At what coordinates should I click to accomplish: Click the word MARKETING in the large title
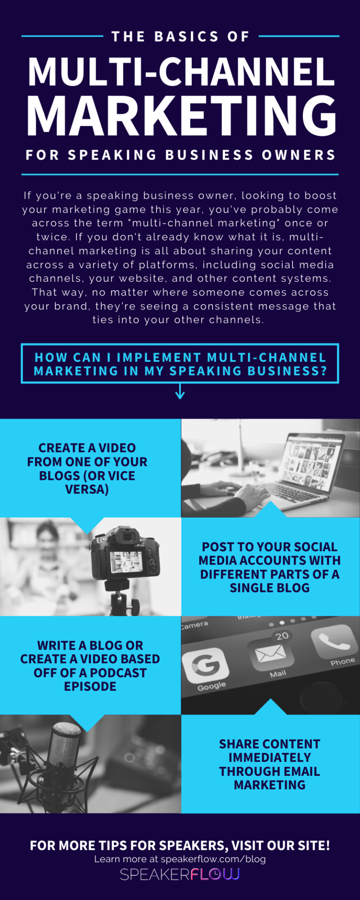tap(181, 116)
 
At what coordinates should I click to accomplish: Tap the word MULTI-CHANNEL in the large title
tap(181, 72)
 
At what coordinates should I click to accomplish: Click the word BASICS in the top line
tap(187, 37)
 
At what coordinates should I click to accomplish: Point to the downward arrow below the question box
tap(180, 391)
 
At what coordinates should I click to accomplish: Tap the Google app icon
tap(205, 665)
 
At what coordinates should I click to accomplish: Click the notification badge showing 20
tap(282, 636)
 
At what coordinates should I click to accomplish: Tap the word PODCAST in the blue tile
tap(118, 673)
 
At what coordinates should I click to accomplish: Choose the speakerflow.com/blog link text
tap(213, 859)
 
